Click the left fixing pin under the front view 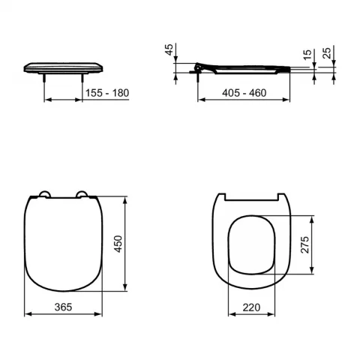coord(46,76)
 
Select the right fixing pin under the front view coord(82,76)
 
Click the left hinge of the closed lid coord(43,196)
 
